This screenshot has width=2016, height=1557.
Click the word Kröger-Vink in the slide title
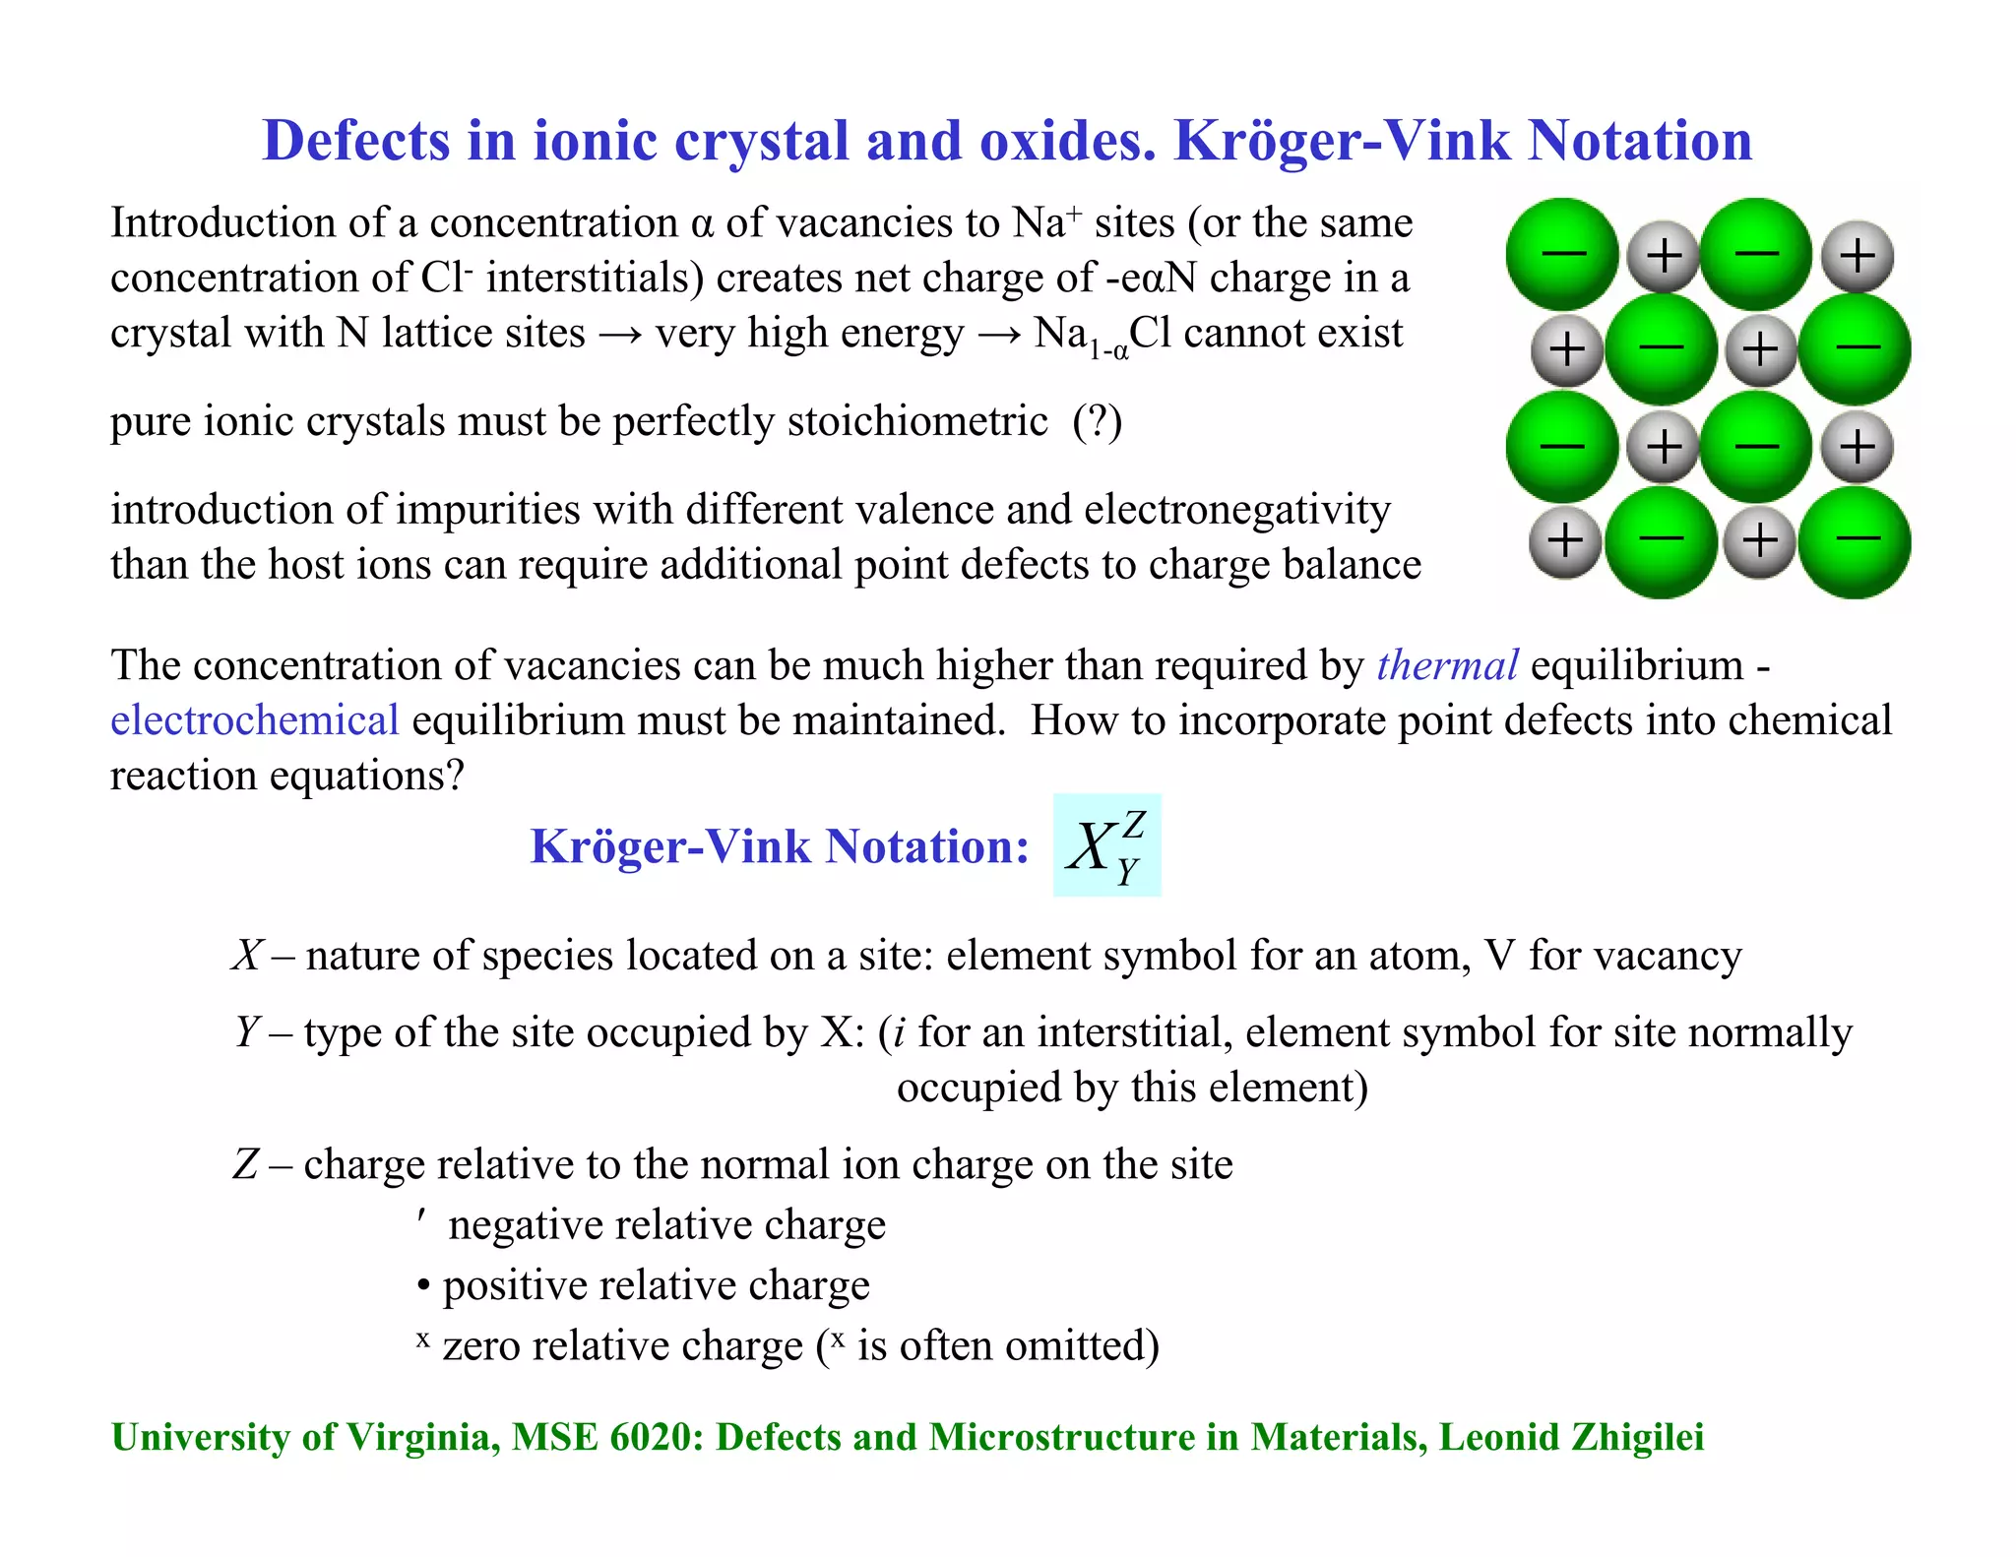[x=1341, y=141]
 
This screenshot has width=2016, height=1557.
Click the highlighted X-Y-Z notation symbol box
[x=1106, y=845]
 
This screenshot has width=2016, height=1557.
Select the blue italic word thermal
[x=1447, y=665]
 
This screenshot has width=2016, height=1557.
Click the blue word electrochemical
[x=254, y=720]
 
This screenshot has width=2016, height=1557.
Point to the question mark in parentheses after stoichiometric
[x=1098, y=422]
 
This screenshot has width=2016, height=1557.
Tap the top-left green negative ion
[x=1562, y=254]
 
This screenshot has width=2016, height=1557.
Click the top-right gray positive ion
[x=1858, y=257]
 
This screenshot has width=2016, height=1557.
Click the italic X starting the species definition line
[x=246, y=956]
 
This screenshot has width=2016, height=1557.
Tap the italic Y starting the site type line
[x=246, y=1032]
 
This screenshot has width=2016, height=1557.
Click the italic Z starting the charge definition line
[x=245, y=1164]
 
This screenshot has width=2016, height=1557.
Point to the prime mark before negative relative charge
[x=421, y=1220]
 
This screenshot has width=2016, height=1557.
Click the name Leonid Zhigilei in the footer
[x=1571, y=1437]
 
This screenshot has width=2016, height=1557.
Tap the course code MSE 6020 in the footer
[x=607, y=1437]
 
